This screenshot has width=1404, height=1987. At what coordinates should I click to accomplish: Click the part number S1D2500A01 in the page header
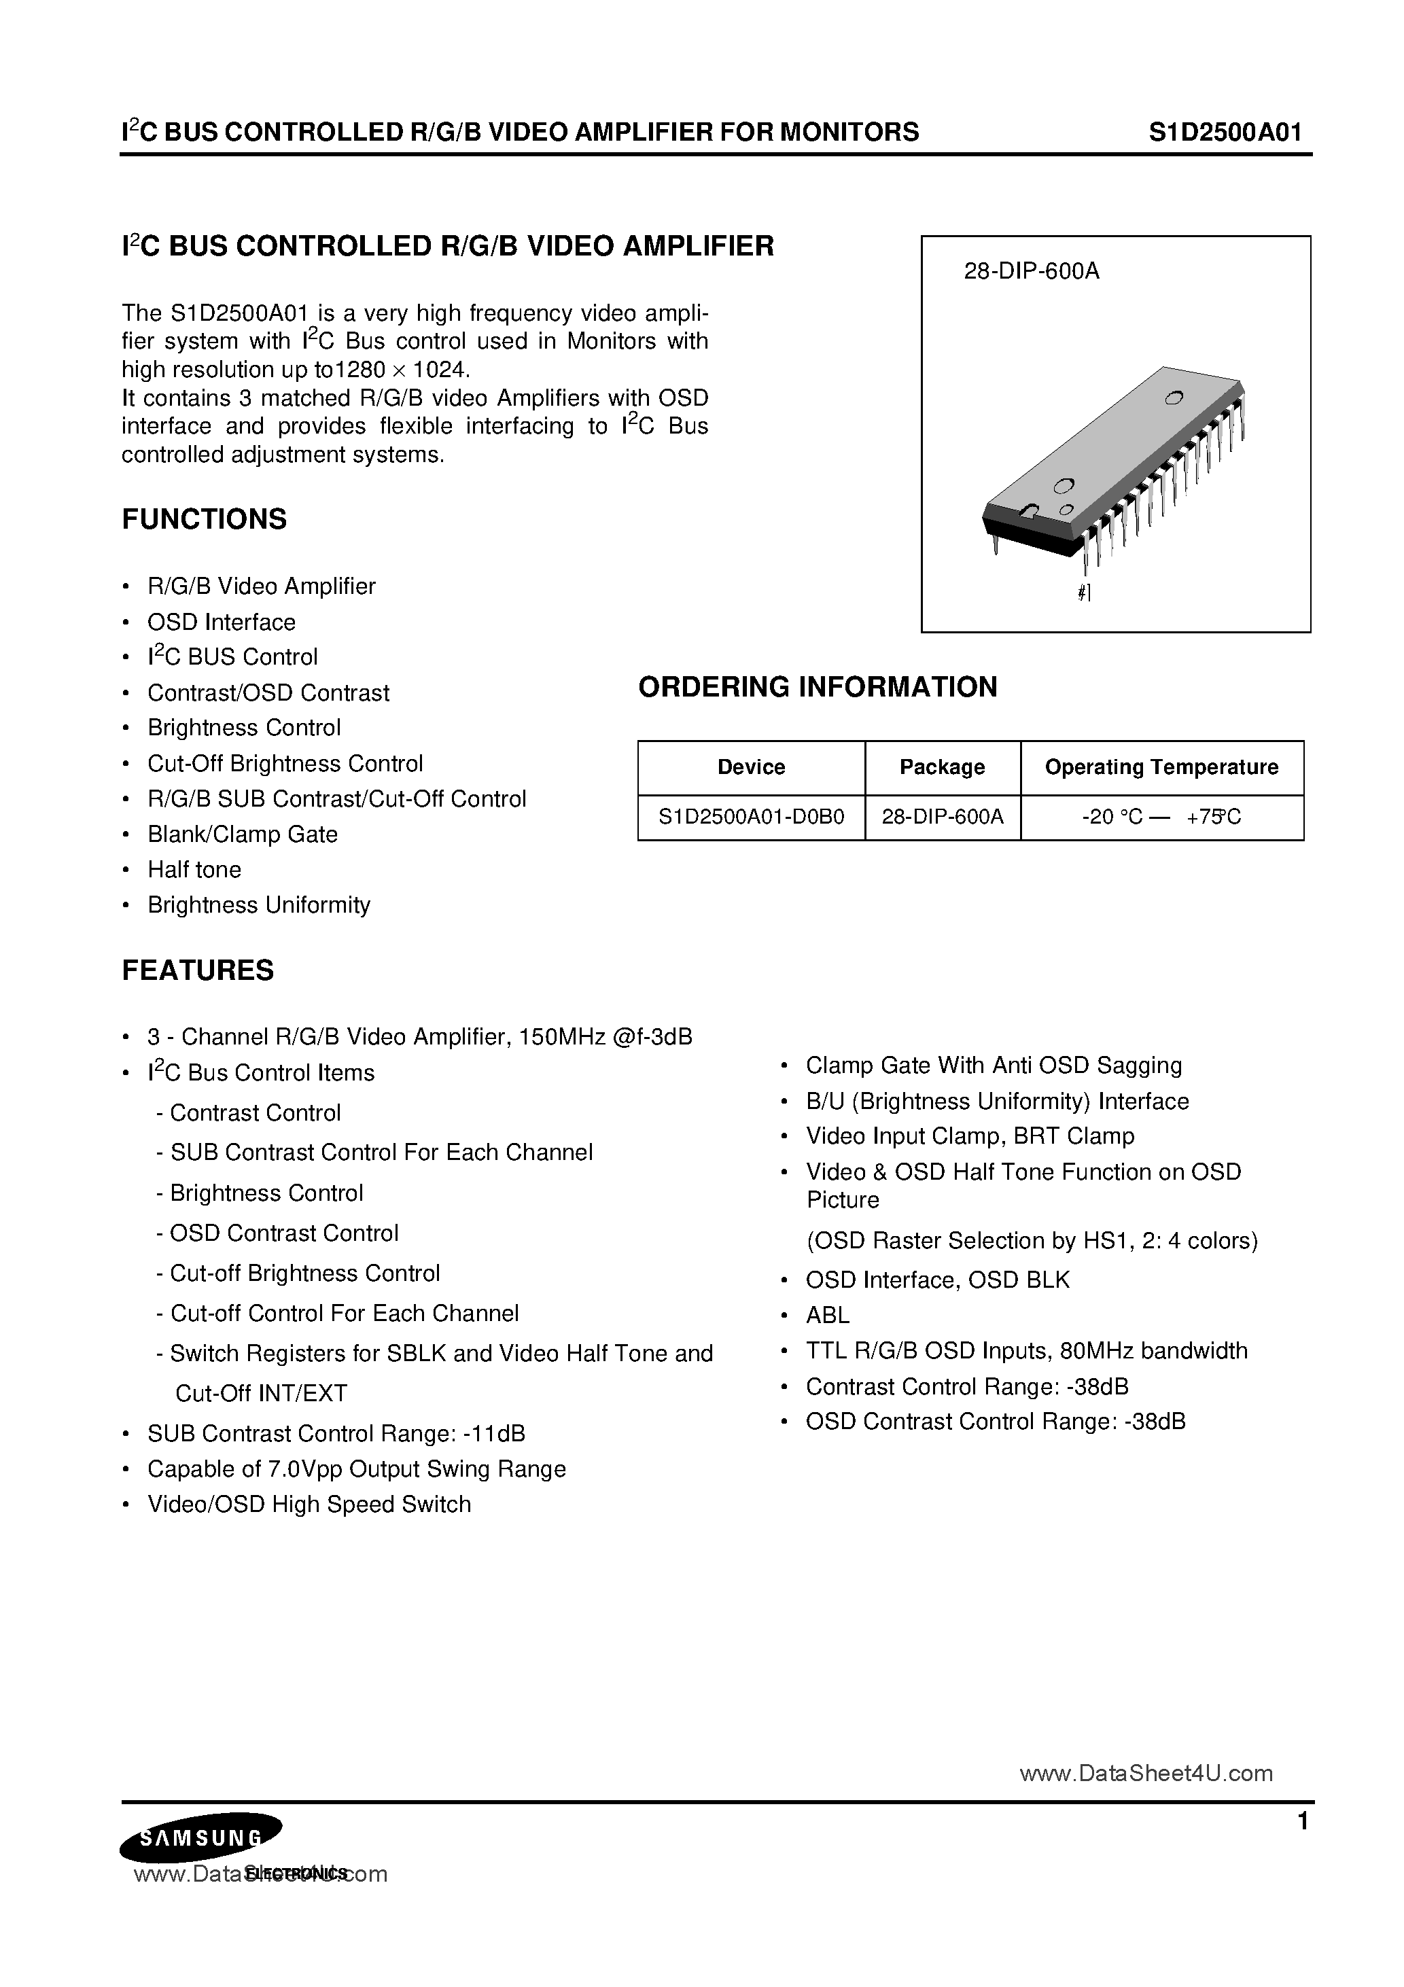click(1225, 132)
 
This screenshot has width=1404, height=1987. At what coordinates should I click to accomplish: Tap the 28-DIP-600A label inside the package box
click(1031, 272)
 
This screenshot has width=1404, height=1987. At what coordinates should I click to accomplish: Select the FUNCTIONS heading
click(205, 519)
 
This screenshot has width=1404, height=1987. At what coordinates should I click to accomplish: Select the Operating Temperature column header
click(1161, 768)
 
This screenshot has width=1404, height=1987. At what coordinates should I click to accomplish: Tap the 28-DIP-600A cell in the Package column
click(942, 817)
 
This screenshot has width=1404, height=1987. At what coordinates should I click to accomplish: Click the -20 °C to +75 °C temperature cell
click(1161, 817)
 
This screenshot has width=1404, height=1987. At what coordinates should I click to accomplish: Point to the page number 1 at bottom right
click(1303, 1823)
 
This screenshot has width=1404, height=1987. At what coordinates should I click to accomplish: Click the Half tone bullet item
click(194, 870)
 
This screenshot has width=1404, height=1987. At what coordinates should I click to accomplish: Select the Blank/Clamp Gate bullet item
click(243, 834)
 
